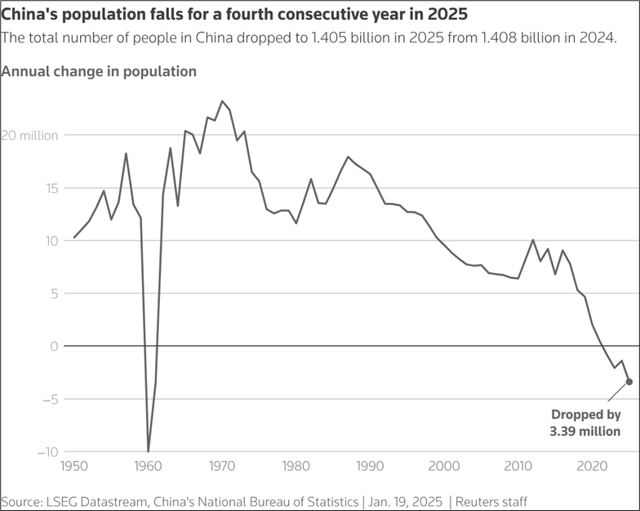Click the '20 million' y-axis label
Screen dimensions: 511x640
[x=29, y=136]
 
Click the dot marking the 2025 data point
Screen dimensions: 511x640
[x=629, y=381]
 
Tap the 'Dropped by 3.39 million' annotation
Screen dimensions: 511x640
[x=586, y=423]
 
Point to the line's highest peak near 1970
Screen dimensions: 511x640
[x=222, y=101]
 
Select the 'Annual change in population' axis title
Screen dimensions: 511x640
[x=99, y=71]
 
